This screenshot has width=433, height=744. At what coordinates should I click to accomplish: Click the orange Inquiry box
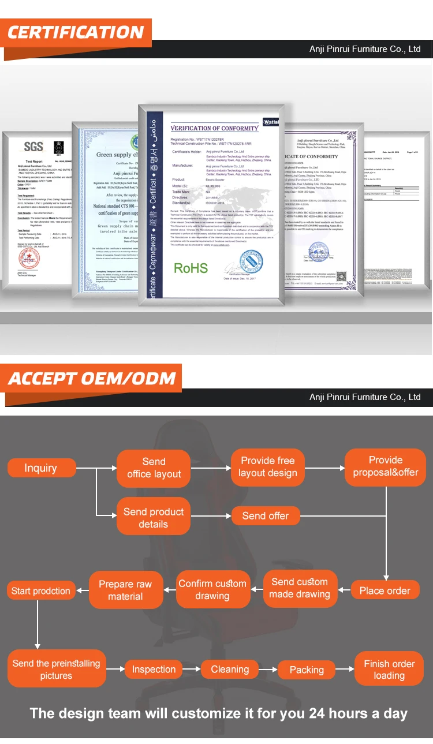(41, 468)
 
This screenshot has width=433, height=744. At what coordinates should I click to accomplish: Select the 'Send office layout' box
(154, 468)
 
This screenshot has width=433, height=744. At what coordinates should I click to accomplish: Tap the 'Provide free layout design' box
(267, 467)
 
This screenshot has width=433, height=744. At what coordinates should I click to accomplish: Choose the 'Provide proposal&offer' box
(385, 466)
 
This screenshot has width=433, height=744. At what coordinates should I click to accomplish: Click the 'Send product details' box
(154, 518)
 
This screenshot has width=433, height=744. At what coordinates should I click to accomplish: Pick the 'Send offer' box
(265, 515)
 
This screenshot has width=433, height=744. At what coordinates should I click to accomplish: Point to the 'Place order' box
(385, 590)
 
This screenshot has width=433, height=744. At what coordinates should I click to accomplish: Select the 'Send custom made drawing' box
(299, 588)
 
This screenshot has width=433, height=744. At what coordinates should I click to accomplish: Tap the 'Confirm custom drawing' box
(212, 589)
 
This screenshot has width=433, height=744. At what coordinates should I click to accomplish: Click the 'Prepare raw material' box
(125, 590)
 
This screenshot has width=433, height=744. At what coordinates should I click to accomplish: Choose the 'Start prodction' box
(40, 590)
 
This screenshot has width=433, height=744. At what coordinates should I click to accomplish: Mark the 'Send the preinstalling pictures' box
(56, 670)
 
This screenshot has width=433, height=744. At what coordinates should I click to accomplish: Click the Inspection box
(154, 670)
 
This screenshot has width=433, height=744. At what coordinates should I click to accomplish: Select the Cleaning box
(230, 670)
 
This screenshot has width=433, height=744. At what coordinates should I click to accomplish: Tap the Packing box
(306, 670)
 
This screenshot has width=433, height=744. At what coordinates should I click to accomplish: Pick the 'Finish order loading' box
(389, 670)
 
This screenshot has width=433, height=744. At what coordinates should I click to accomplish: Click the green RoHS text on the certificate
(191, 268)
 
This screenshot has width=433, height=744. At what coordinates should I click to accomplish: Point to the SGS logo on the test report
(33, 147)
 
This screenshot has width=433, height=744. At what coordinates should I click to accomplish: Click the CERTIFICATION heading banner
(76, 32)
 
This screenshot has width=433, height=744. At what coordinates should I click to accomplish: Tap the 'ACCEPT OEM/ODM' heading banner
(92, 379)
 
